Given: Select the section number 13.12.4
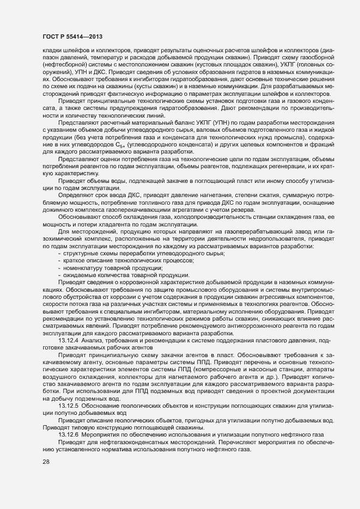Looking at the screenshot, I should click(69, 340).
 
